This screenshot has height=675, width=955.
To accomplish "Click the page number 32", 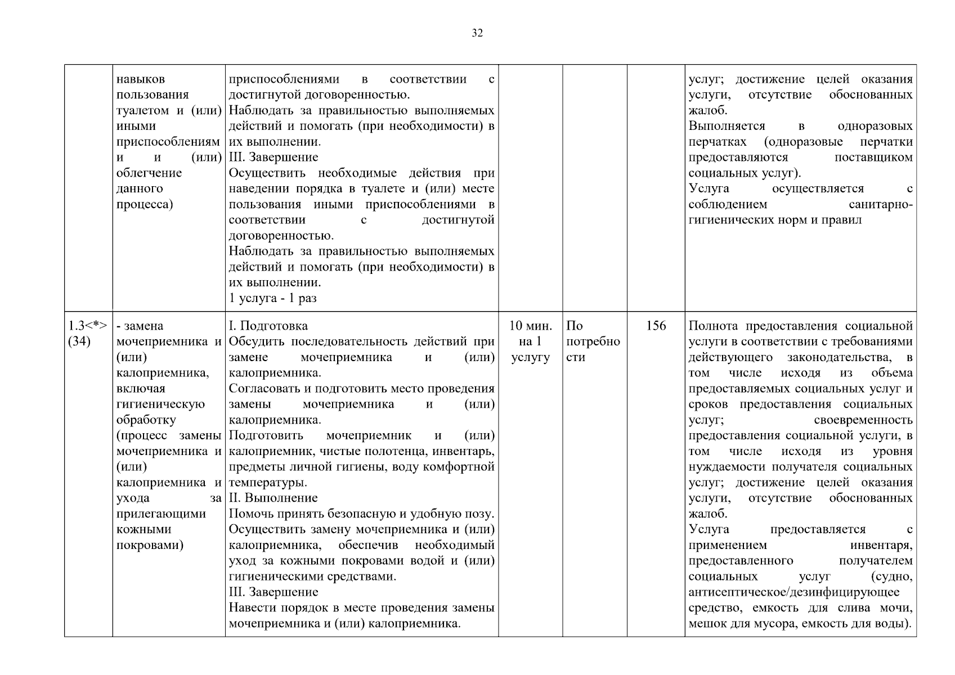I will click(x=477, y=33).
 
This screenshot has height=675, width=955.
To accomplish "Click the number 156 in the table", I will click(x=656, y=326).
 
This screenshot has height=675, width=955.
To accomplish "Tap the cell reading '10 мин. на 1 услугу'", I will click(x=530, y=341).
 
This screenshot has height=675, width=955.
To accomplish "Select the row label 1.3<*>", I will click(x=88, y=326).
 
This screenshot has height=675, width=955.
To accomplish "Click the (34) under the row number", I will click(x=79, y=341).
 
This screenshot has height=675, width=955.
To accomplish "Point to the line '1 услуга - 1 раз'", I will click(x=272, y=298).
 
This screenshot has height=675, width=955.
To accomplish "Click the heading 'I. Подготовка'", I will click(x=268, y=326).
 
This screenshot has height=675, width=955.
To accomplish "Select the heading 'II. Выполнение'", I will click(x=273, y=498).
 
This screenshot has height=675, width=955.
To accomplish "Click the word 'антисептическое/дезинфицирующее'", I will click(x=793, y=592).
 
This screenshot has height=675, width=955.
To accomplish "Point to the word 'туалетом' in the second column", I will click(x=144, y=110).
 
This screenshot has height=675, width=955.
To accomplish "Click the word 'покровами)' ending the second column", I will click(x=150, y=545).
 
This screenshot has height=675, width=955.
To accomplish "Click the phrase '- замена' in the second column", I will click(x=140, y=326).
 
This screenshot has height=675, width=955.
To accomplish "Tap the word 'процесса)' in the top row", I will click(x=144, y=204).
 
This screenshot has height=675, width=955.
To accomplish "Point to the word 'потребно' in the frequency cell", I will click(x=593, y=341).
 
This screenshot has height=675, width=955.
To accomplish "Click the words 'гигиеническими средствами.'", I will click(x=312, y=576).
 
